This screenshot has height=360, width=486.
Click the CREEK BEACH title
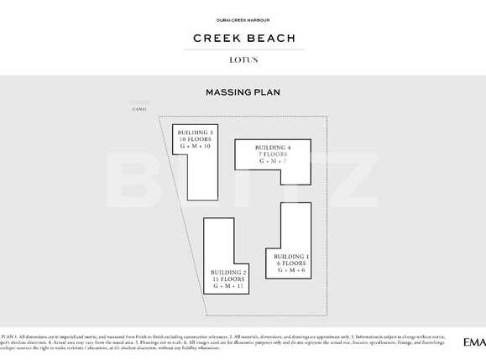point(243,38)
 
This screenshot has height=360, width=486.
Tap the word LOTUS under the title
point(243,60)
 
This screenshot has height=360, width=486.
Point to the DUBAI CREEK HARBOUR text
point(243,18)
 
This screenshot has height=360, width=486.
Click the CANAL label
point(139,109)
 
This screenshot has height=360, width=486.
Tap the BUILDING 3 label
point(194,132)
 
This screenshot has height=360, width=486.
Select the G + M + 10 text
point(194,147)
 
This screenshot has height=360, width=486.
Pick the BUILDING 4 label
point(274,148)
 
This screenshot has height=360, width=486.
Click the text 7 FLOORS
point(274,154)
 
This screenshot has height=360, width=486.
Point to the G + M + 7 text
point(274,162)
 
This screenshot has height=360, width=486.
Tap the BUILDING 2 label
point(228,273)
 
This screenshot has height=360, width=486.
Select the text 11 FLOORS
point(228,279)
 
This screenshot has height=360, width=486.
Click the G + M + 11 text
point(228,287)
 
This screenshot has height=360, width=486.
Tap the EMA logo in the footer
point(473,342)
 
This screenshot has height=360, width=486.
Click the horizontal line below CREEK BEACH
point(243,50)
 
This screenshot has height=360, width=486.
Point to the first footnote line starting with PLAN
point(235,335)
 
